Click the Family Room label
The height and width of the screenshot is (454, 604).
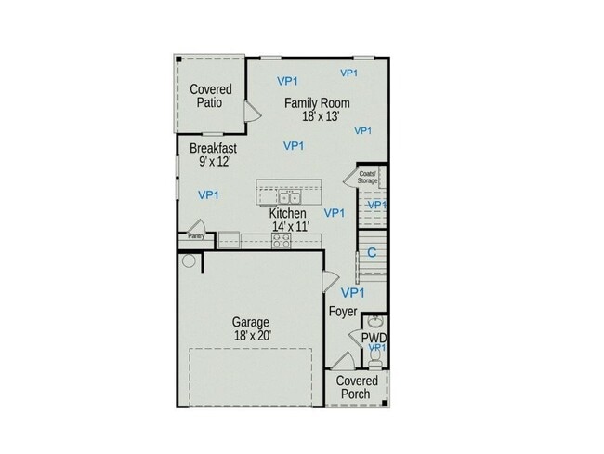(317, 103)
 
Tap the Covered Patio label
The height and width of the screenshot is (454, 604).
(210, 96)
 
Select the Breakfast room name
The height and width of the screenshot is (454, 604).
(213, 148)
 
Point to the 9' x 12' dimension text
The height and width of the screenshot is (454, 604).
(214, 161)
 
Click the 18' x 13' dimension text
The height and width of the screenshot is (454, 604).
(321, 116)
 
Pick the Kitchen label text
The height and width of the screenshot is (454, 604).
(288, 213)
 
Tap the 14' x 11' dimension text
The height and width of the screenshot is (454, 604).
(290, 226)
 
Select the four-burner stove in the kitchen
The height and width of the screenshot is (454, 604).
(281, 240)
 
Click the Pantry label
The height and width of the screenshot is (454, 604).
(196, 236)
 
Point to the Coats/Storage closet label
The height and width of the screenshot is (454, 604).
(367, 177)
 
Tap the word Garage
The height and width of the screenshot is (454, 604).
(250, 323)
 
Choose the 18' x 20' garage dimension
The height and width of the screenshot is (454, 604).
(252, 336)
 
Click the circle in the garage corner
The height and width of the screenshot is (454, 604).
(189, 261)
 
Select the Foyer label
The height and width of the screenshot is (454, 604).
(343, 312)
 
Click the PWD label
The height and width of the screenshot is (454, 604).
(374, 337)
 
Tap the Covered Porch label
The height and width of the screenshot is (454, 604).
(357, 387)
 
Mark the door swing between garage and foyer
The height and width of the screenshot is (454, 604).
(329, 280)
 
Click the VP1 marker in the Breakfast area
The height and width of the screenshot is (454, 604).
(208, 194)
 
